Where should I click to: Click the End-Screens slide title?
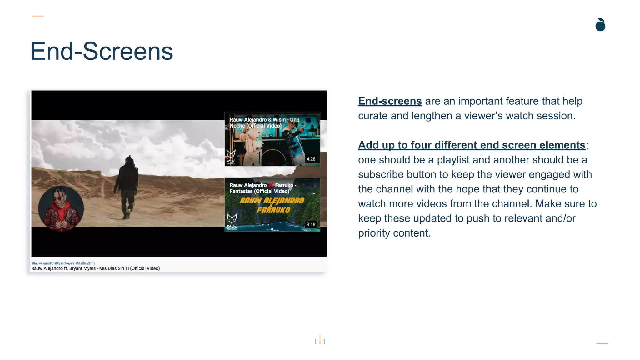(x=102, y=52)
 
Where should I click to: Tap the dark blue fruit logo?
(x=600, y=25)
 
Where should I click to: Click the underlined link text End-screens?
(x=390, y=101)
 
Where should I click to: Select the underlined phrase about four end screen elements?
(x=472, y=145)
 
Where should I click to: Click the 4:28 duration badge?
(x=311, y=159)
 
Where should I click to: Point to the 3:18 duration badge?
(x=311, y=224)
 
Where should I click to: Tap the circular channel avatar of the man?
(x=61, y=208)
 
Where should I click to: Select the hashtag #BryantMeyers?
(x=64, y=263)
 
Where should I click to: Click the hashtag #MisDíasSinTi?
(x=85, y=263)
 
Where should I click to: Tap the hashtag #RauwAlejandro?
(x=42, y=263)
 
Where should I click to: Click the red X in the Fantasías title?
(x=271, y=185)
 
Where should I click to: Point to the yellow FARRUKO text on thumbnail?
(x=273, y=210)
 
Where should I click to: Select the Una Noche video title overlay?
(x=264, y=122)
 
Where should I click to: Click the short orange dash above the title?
(x=38, y=16)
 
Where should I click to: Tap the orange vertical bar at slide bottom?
(x=320, y=339)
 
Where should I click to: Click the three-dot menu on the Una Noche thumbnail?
(x=313, y=128)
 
